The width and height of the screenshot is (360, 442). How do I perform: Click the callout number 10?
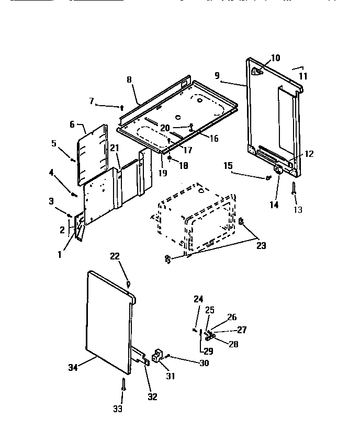(x=275, y=58)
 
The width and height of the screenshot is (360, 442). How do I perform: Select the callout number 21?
(x=115, y=148)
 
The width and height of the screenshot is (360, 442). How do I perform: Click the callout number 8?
(x=129, y=80)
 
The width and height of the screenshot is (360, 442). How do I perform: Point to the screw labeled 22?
(x=128, y=284)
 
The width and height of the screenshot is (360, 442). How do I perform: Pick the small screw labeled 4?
(x=74, y=195)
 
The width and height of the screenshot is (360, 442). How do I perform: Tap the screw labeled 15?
(x=268, y=178)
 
